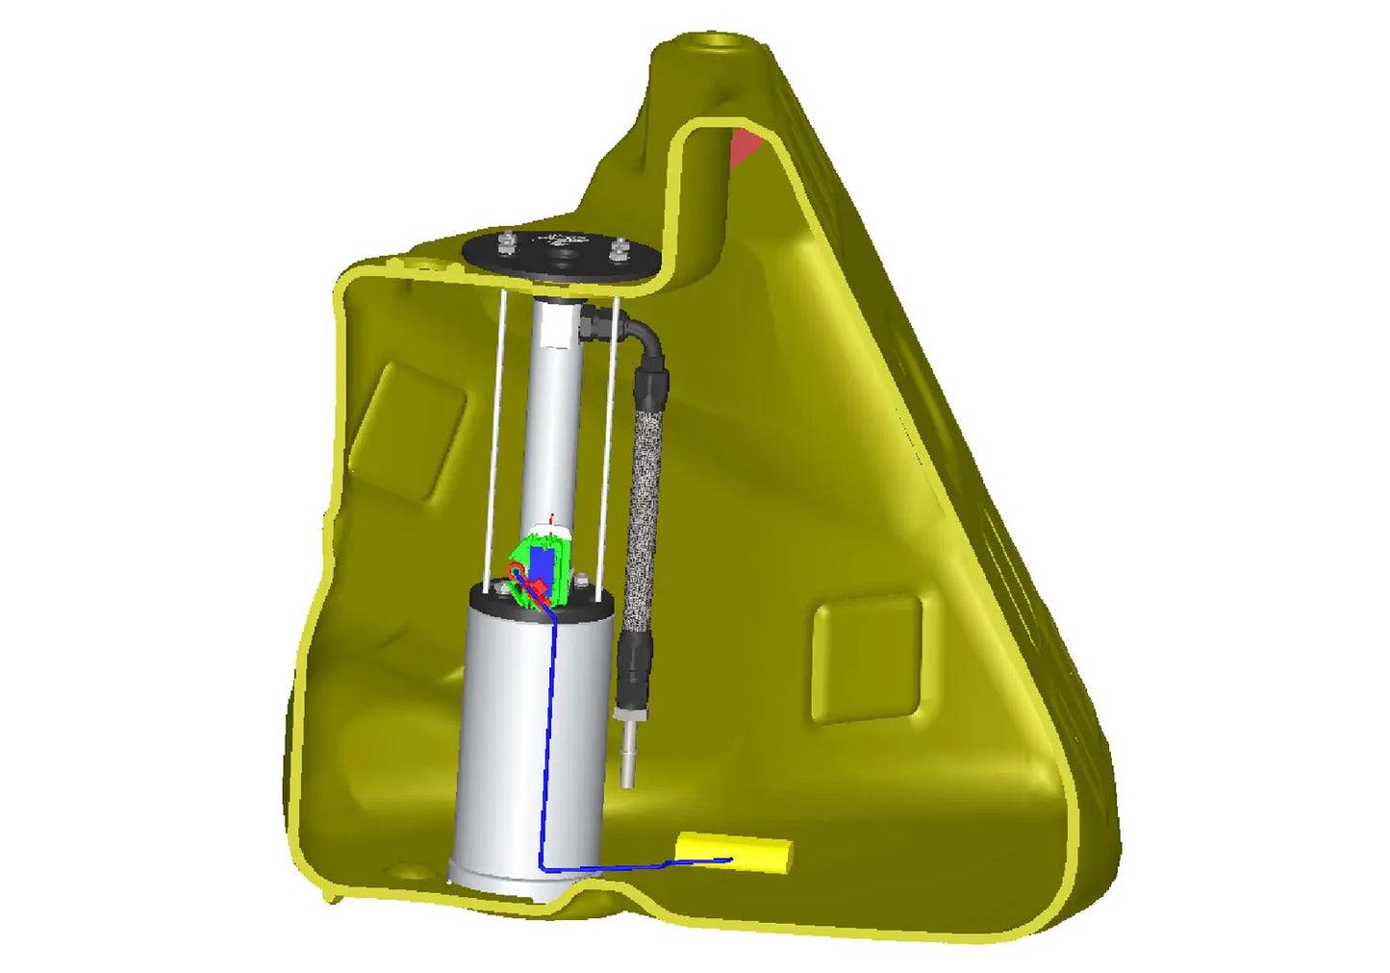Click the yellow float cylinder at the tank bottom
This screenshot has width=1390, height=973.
click(x=734, y=852)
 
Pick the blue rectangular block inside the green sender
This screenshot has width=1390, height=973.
click(x=542, y=566)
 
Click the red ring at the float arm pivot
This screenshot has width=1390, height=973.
click(x=517, y=574)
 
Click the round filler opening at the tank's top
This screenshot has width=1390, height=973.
click(x=717, y=42)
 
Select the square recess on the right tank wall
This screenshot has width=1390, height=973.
click(x=867, y=659)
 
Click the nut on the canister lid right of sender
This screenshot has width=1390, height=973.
click(x=581, y=582)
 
